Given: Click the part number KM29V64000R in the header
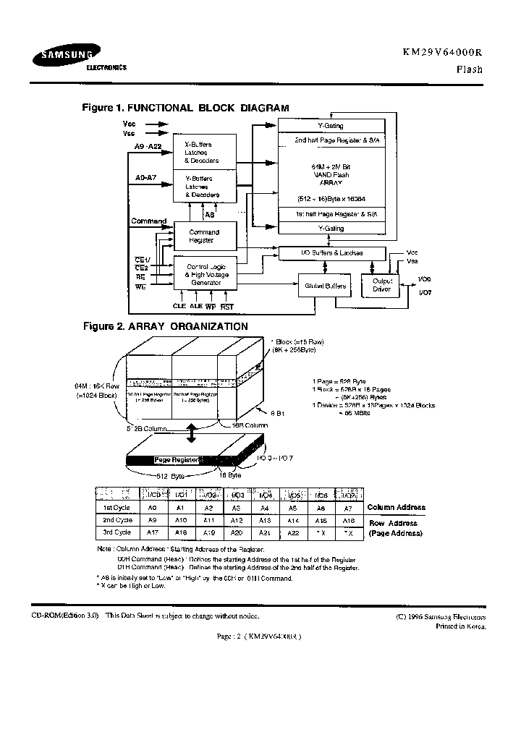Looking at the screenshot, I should [x=441, y=53].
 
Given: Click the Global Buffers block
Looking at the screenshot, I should [x=325, y=286].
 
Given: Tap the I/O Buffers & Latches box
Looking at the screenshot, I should [x=331, y=253].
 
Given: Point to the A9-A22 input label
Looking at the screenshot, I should [x=150, y=147].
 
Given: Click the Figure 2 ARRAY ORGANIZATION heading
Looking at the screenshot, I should [x=165, y=327].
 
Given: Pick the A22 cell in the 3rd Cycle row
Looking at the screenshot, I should [x=294, y=532].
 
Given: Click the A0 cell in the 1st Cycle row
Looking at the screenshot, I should [x=153, y=508].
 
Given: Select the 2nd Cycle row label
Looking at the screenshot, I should [x=117, y=520].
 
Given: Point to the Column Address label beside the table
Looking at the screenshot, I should [x=396, y=508].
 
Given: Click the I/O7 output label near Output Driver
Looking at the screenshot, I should [x=425, y=293].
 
